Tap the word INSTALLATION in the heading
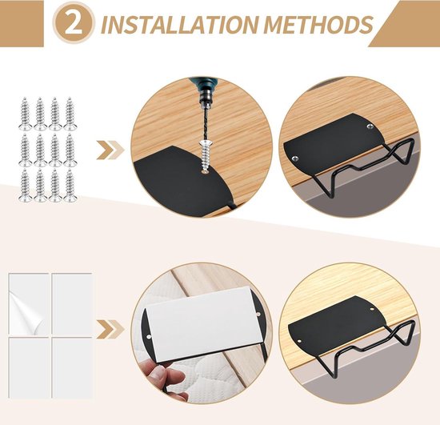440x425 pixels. pyautogui.click(x=178, y=25)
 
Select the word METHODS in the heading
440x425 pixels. pyautogui.click(x=316, y=25)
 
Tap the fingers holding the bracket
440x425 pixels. pyautogui.click(x=160, y=375)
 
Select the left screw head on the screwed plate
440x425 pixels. pyautogui.click(x=297, y=159)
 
